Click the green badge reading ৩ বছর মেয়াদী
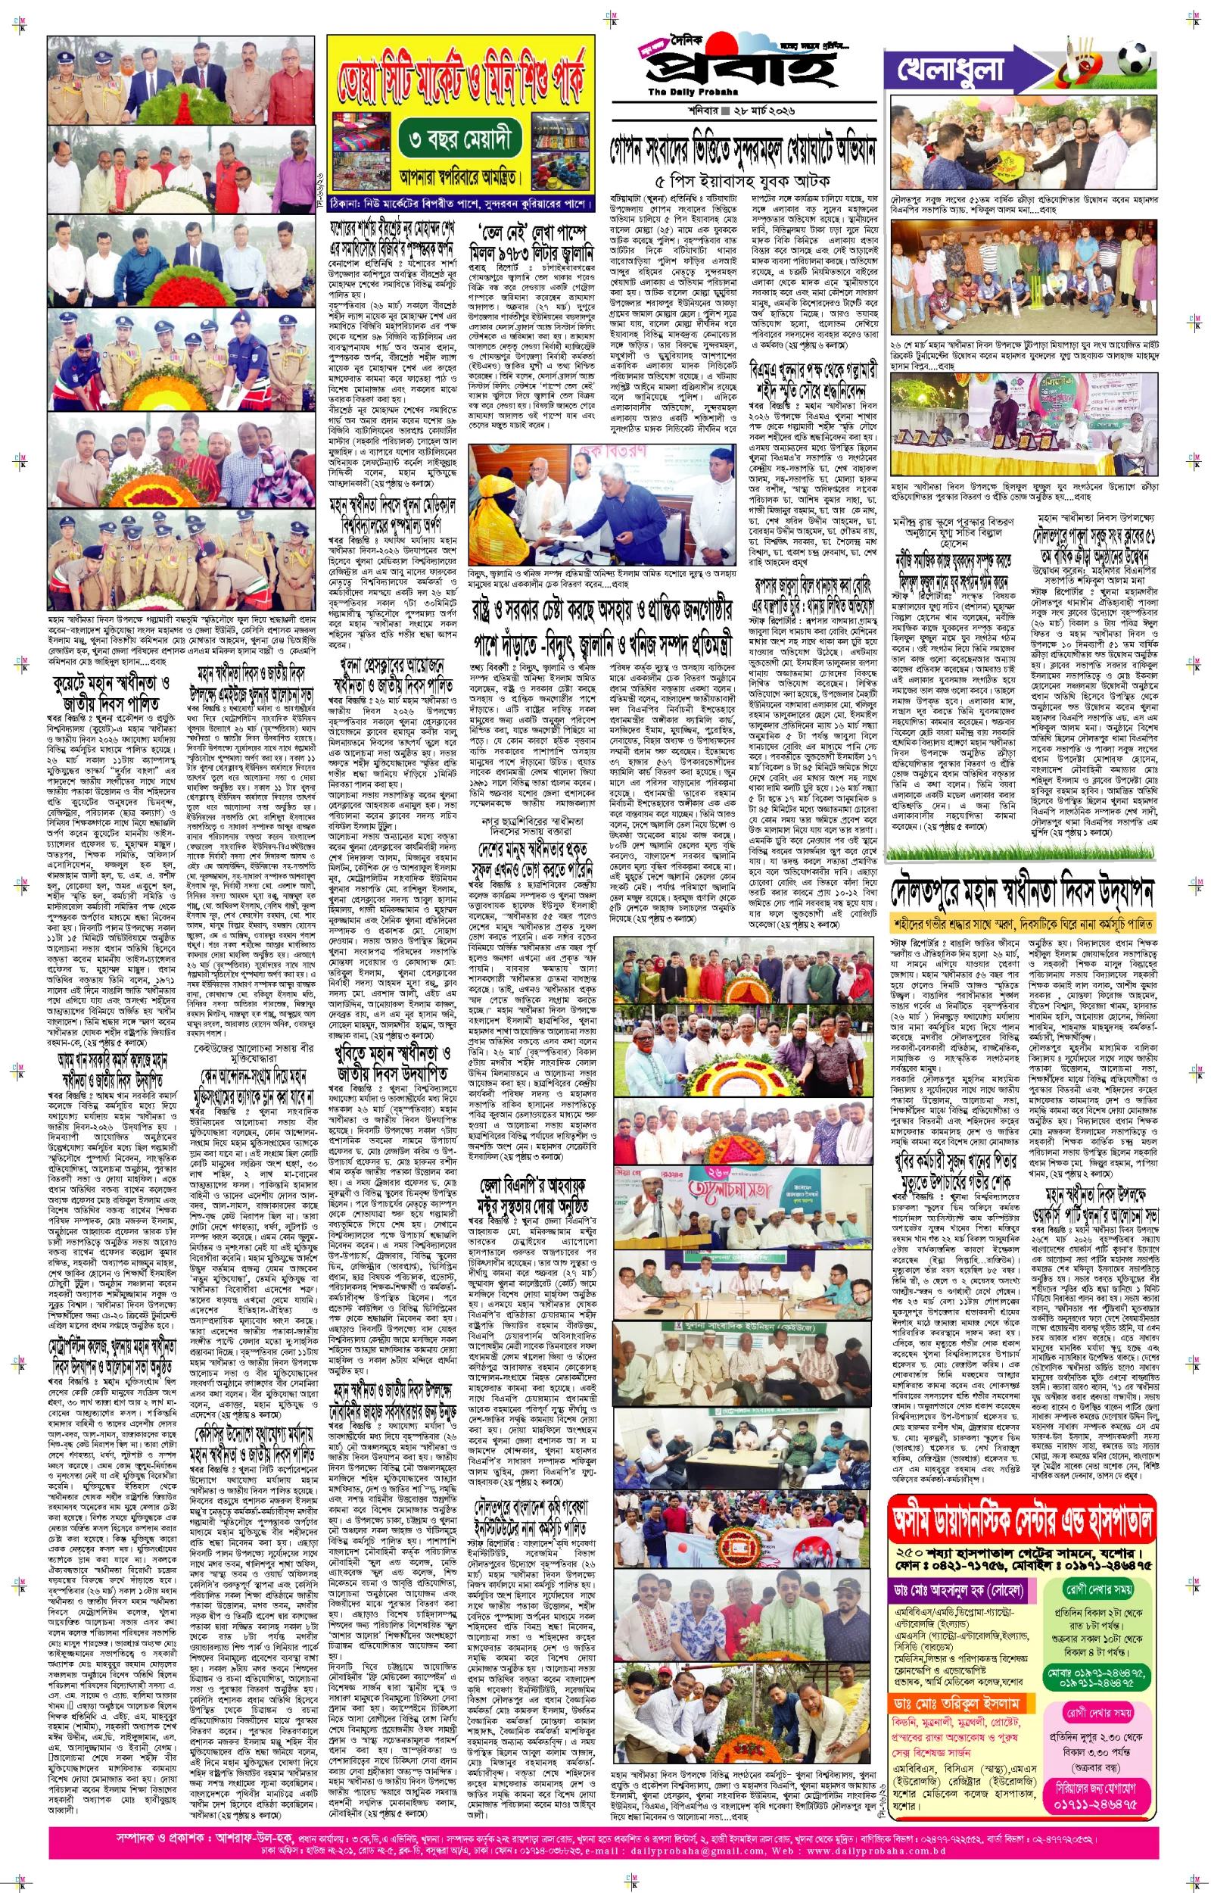[461, 140]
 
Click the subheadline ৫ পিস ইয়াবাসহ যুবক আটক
[742, 180]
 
